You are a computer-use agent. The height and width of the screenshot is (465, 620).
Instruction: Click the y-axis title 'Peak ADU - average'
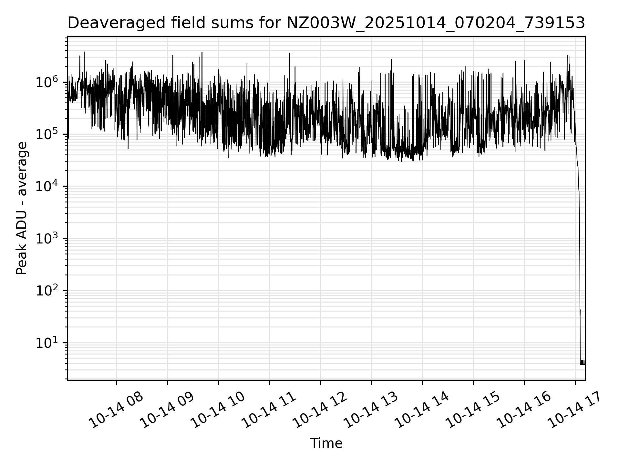pyautogui.click(x=22, y=209)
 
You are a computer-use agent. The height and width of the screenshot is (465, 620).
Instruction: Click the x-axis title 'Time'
pyautogui.click(x=326, y=443)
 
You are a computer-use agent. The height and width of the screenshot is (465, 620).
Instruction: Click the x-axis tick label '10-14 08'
pyautogui.click(x=116, y=410)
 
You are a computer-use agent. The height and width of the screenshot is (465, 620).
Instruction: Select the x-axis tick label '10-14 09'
pyautogui.click(x=167, y=410)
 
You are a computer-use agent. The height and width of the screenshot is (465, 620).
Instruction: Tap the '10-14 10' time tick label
pyautogui.click(x=218, y=410)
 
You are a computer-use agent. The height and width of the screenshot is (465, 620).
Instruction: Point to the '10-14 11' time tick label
pyautogui.click(x=269, y=410)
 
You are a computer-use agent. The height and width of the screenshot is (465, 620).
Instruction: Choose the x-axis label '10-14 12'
pyautogui.click(x=320, y=410)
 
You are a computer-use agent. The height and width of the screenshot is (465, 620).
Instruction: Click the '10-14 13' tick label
pyautogui.click(x=371, y=410)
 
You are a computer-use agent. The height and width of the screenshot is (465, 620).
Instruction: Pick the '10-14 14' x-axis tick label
pyautogui.click(x=422, y=410)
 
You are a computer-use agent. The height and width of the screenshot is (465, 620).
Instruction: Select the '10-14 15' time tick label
pyautogui.click(x=473, y=410)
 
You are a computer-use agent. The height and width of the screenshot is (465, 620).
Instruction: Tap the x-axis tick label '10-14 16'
pyautogui.click(x=524, y=410)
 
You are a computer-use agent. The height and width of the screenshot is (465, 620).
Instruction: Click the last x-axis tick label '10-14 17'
pyautogui.click(x=575, y=410)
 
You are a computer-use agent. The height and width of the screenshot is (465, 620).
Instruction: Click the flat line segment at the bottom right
pyautogui.click(x=583, y=364)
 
